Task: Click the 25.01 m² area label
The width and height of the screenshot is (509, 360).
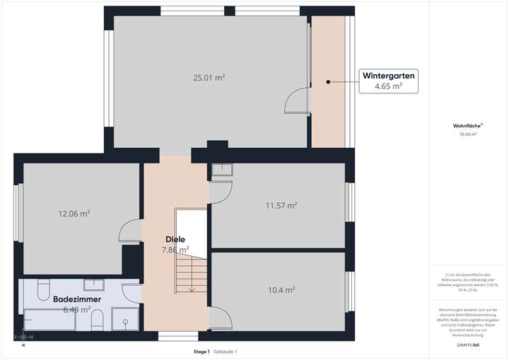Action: (x=209, y=77)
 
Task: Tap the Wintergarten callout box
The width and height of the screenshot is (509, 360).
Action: (x=388, y=80)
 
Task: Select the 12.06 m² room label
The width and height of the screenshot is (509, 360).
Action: (x=74, y=213)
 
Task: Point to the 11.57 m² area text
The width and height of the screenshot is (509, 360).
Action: (x=281, y=206)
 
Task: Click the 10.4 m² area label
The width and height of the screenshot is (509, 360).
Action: (x=281, y=289)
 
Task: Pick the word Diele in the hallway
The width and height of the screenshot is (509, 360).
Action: (x=175, y=239)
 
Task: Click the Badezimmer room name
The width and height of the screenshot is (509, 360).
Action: (x=76, y=299)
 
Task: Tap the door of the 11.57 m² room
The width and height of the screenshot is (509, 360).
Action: (x=221, y=191)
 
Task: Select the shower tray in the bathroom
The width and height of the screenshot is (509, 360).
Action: (x=126, y=320)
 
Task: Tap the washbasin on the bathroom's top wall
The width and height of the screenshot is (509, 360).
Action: (x=95, y=284)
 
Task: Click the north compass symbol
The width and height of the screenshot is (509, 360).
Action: (x=22, y=337)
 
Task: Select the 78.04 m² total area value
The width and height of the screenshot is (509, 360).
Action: (x=467, y=134)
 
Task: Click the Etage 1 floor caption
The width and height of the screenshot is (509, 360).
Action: (x=201, y=352)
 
